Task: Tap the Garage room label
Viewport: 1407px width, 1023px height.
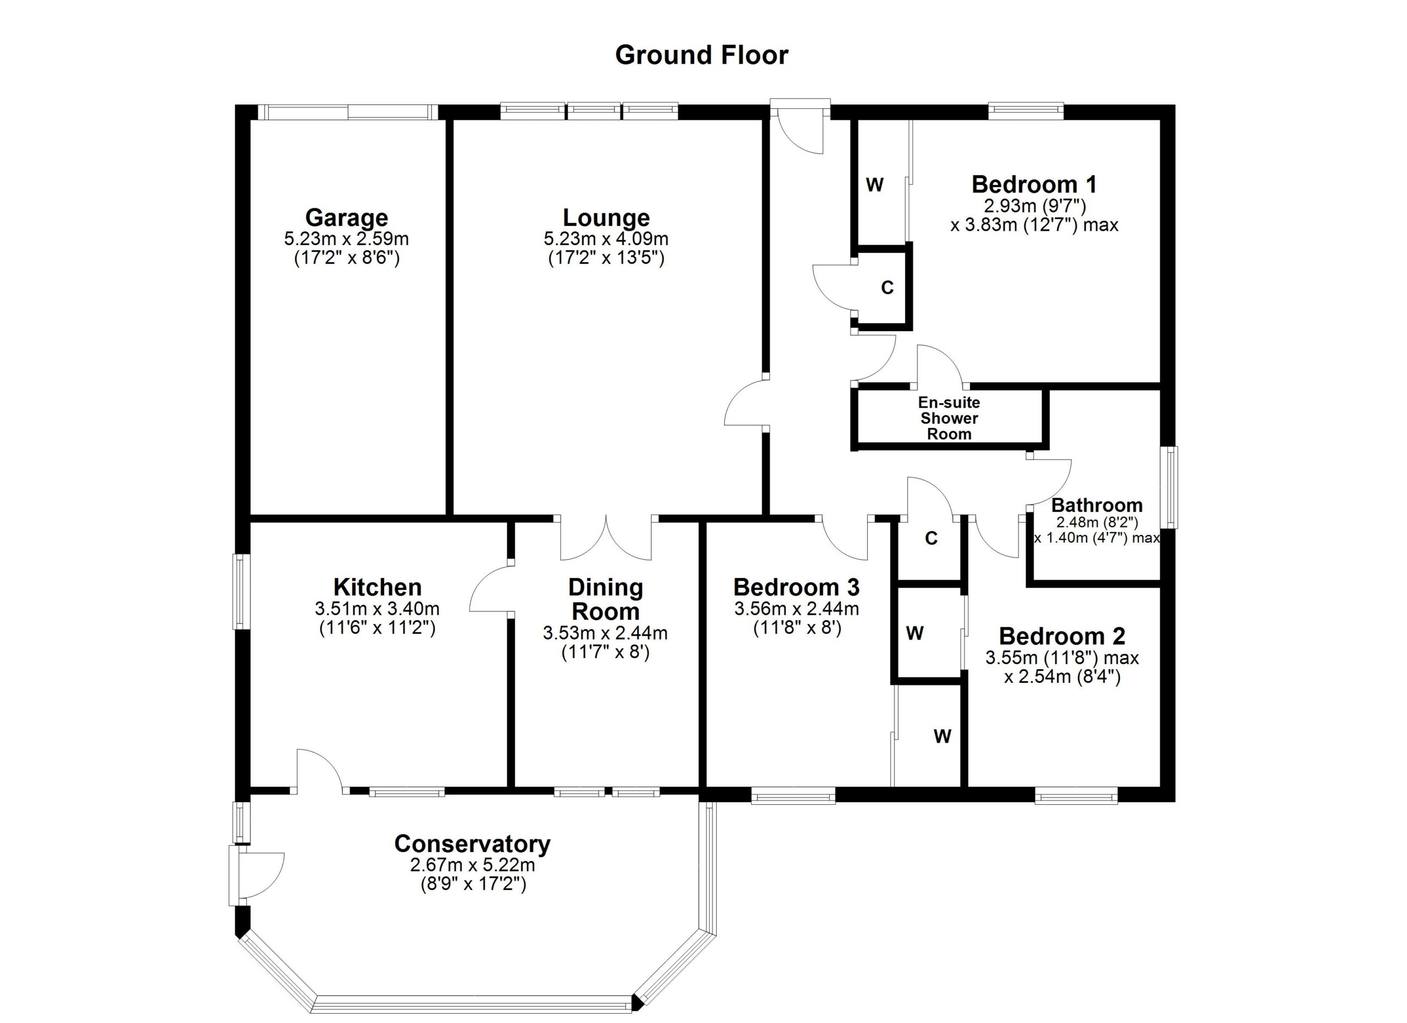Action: [346, 218]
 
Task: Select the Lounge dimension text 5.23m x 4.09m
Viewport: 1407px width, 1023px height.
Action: [606, 238]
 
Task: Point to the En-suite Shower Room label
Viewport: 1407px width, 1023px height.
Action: [949, 419]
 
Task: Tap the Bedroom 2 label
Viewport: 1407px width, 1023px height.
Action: [1061, 636]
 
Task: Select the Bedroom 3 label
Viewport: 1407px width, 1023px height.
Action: [796, 587]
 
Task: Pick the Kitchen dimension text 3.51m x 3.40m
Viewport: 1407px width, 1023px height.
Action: [377, 608]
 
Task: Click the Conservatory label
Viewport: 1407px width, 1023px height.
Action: [472, 844]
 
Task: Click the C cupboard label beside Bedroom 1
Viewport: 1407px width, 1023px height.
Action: [887, 288]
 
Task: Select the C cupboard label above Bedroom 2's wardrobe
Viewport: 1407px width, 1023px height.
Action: [930, 538]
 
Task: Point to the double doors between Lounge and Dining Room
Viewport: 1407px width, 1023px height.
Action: [606, 538]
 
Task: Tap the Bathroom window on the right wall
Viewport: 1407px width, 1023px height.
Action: [1170, 487]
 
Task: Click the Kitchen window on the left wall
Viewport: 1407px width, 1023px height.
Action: [242, 592]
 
